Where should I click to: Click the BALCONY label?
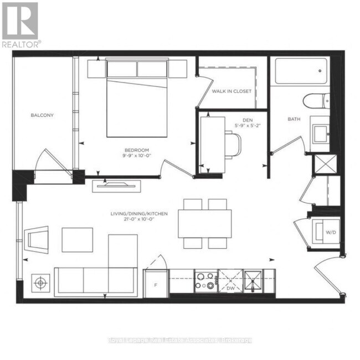tap(42, 115)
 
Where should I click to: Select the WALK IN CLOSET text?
tap(232, 91)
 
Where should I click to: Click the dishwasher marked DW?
tap(230, 281)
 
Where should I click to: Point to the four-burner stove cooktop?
tap(205, 281)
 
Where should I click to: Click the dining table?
tap(204, 223)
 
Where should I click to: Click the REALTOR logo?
tap(20, 25)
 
